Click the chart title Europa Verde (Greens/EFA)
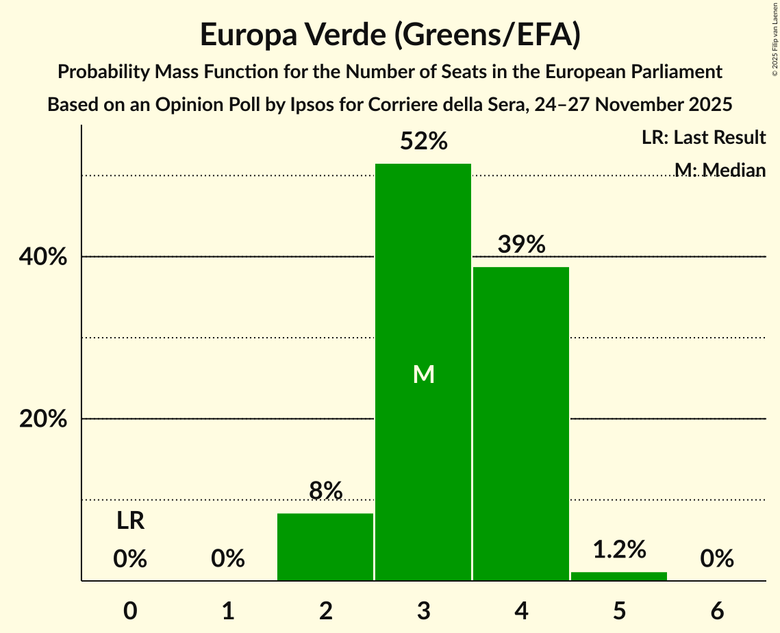(390, 34)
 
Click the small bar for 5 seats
(619, 576)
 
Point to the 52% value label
(424, 142)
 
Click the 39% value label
(522, 245)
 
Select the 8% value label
(325, 491)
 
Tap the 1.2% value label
(619, 549)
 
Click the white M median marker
(424, 374)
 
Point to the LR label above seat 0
(130, 521)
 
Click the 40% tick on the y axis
(43, 257)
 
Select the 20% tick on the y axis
(43, 419)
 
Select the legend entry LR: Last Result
(703, 138)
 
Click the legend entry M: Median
(720, 169)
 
